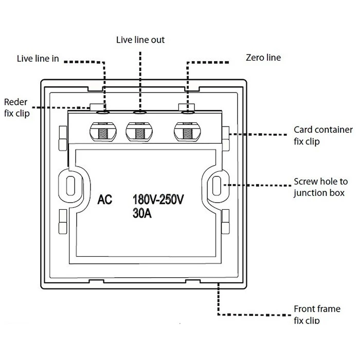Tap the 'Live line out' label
point(140,40)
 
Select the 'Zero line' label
point(263,58)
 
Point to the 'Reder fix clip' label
point(16,106)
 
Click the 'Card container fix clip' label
point(323,135)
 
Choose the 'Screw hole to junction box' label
point(320,187)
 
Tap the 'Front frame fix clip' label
point(317,314)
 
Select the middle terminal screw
point(139,133)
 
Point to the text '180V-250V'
point(158,200)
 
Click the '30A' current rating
point(142,213)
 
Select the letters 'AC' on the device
point(104,200)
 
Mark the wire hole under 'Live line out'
point(139,111)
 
